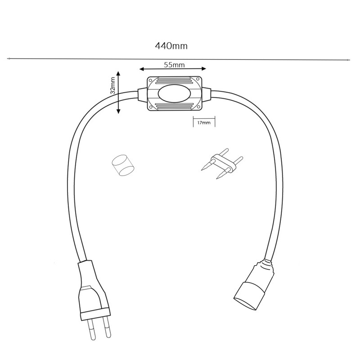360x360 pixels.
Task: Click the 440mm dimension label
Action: pyautogui.click(x=171, y=46)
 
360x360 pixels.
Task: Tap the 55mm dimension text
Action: pyautogui.click(x=174, y=65)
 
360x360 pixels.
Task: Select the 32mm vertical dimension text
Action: pyautogui.click(x=112, y=85)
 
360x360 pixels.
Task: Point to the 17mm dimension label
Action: pyautogui.click(x=204, y=122)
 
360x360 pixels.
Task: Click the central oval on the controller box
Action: pyautogui.click(x=174, y=94)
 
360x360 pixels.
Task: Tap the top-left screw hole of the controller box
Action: pyautogui.click(x=150, y=81)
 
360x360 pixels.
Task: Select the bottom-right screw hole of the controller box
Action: pyautogui.click(x=198, y=107)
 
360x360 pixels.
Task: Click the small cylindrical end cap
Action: pyautogui.click(x=123, y=165)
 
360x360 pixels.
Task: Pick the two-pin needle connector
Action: pyautogui.click(x=222, y=163)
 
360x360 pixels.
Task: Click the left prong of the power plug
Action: pyautogui.click(x=92, y=330)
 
